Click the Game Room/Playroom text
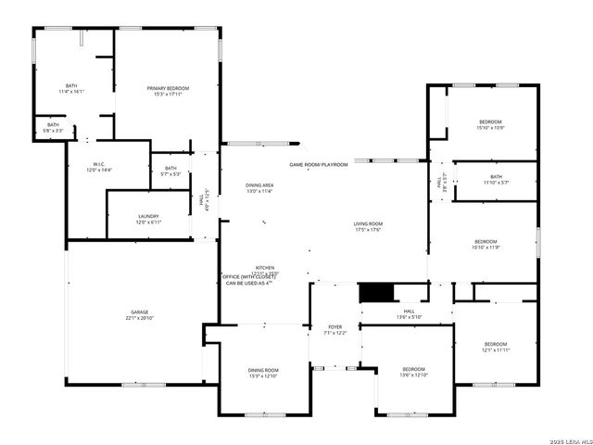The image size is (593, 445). pyautogui.click(x=318, y=164)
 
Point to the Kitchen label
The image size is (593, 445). pyautogui.click(x=265, y=268)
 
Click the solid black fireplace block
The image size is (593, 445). pyautogui.click(x=375, y=292)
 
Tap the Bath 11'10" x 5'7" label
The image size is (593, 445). pyautogui.click(x=496, y=179)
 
